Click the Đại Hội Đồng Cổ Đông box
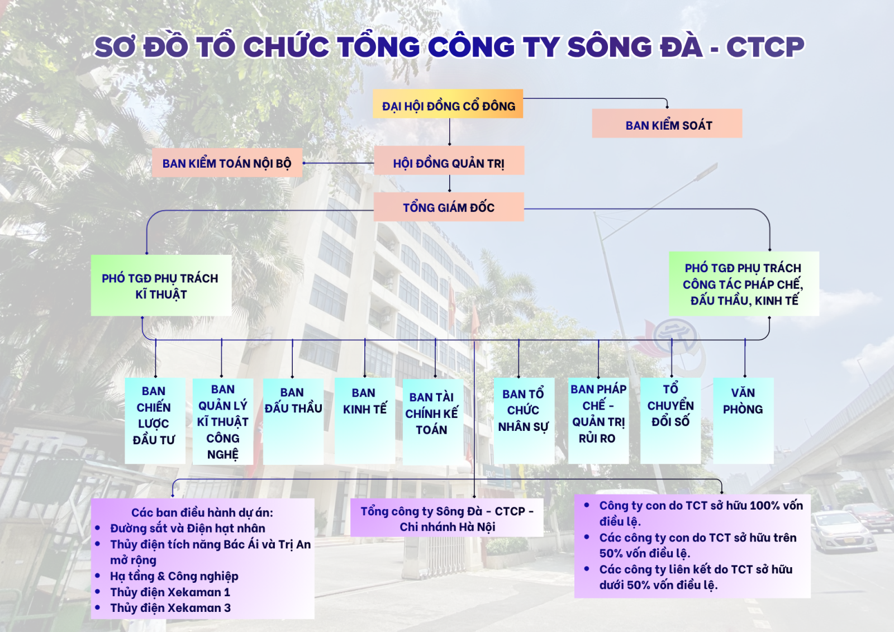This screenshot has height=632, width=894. point(448,104)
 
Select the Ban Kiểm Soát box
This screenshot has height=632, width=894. point(667,123)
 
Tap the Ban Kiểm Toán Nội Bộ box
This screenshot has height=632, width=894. point(227,163)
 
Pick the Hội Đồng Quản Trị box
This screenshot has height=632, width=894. point(449,160)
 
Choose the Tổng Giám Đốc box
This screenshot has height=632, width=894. point(449,207)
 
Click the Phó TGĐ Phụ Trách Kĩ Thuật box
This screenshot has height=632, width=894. point(161,286)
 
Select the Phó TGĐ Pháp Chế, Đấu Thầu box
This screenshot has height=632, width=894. point(744,284)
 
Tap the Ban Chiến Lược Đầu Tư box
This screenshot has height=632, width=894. point(155,421)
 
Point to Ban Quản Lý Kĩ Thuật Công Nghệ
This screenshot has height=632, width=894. point(223,421)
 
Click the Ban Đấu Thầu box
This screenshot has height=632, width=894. point(293,421)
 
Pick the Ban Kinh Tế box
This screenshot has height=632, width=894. point(365,421)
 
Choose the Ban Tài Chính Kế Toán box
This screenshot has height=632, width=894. point(433,422)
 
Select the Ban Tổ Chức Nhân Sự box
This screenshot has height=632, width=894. point(524,421)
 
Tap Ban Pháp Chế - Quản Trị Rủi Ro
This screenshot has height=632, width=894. point(598,421)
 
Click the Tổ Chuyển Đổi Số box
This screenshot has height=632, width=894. point(670,421)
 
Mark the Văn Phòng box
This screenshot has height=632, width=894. point(743,421)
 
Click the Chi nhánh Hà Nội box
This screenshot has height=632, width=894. point(447,517)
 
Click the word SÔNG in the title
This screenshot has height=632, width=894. point(610,47)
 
